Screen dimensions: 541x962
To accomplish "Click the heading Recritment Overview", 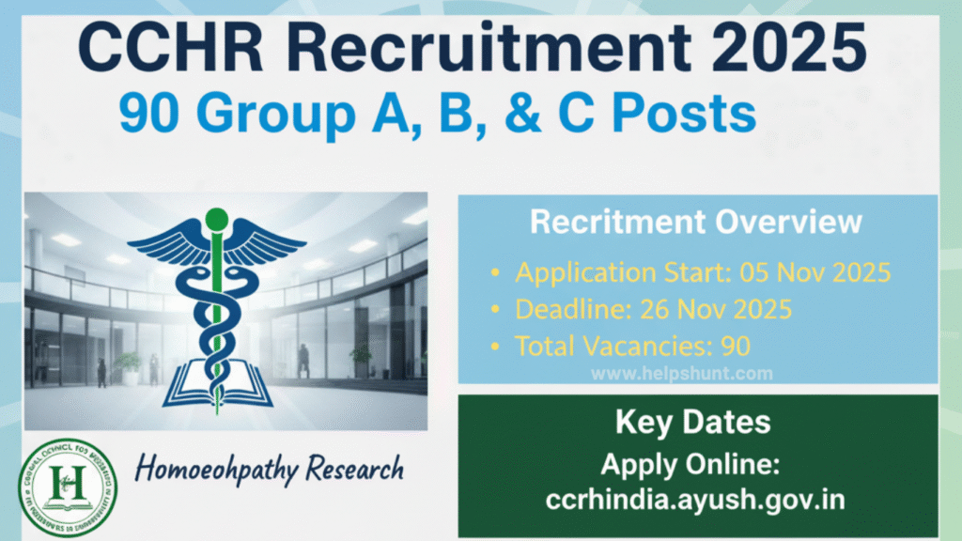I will (696, 222).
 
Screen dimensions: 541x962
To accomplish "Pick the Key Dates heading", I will (693, 422).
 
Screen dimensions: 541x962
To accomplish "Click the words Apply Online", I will (693, 465).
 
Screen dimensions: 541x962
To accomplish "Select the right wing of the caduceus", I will (268, 243).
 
